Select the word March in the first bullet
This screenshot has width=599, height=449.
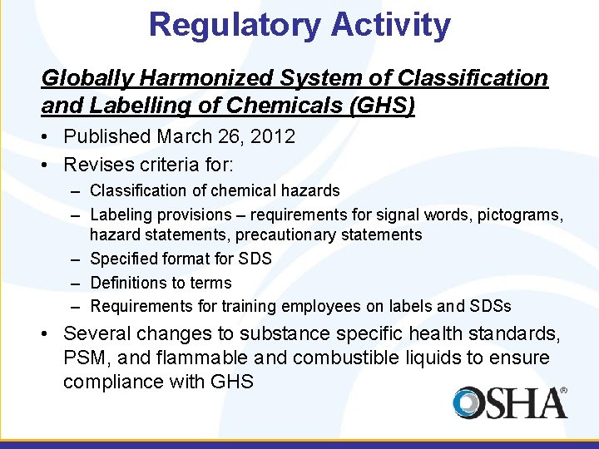click(x=183, y=136)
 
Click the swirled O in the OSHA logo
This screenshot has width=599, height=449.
click(x=470, y=403)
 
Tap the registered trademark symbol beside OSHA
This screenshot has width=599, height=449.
click(x=563, y=390)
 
